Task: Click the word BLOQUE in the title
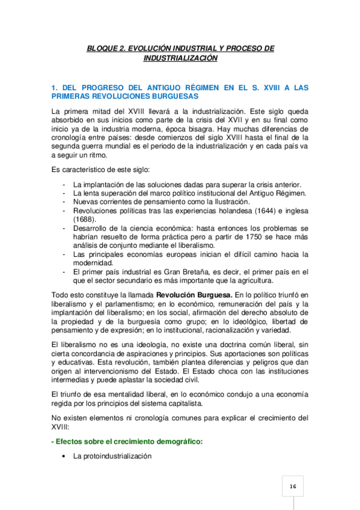tap(101, 48)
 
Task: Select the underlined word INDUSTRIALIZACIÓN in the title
tap(180, 58)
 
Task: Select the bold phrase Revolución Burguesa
tap(194, 295)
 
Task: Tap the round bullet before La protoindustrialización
tap(64, 457)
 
